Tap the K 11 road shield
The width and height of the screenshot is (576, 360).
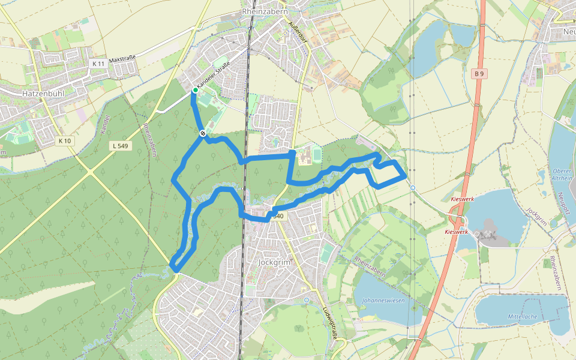[98, 63]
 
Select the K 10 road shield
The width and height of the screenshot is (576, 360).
[65, 141]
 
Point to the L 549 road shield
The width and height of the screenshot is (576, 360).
[121, 146]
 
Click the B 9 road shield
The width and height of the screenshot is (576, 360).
[478, 74]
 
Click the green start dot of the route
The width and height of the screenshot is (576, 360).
[195, 91]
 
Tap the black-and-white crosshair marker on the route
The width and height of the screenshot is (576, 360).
[203, 133]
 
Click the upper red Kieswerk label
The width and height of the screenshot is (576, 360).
[463, 199]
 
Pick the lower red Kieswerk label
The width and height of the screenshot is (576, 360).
[456, 232]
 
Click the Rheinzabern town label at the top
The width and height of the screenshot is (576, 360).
[265, 11]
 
